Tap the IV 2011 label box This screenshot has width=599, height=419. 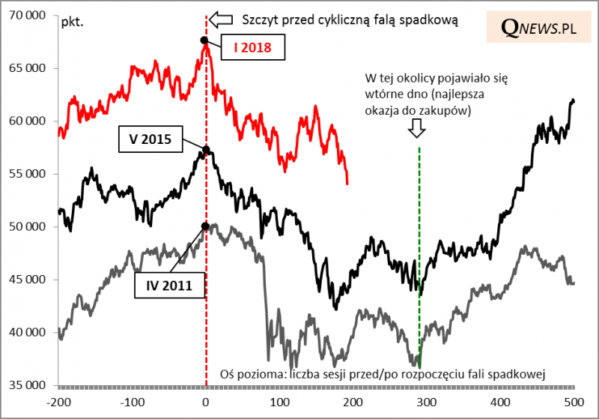point(165,285)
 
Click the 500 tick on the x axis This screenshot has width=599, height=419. point(574,402)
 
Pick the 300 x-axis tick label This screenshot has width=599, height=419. point(427,402)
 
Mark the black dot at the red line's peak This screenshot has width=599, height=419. point(204,40)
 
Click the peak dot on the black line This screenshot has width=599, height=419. point(207,150)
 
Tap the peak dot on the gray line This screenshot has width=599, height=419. point(204,226)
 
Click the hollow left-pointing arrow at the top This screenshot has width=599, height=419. point(221,19)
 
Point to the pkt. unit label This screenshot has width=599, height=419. point(72,19)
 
